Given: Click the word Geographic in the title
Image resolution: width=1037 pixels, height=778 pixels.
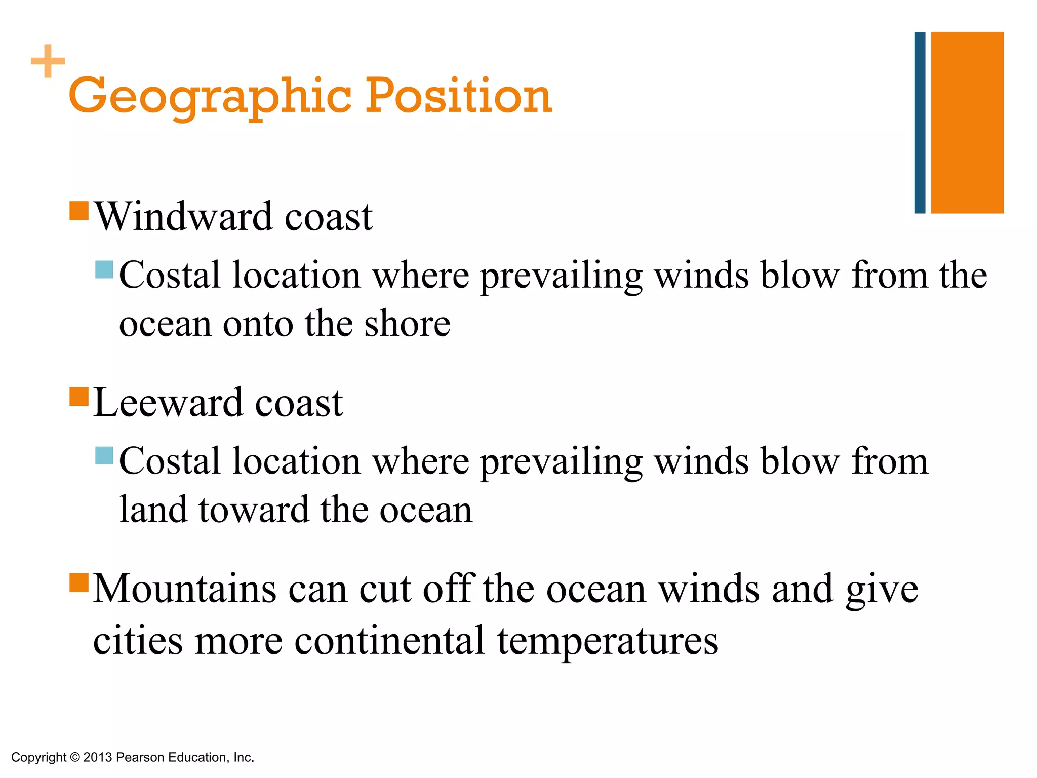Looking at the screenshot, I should click(210, 96).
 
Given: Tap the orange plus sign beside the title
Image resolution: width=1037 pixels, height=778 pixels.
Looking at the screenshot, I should click(48, 61).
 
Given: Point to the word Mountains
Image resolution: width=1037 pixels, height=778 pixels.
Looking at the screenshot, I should click(185, 589).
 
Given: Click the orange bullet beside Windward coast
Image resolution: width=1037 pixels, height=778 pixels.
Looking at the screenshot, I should click(79, 211).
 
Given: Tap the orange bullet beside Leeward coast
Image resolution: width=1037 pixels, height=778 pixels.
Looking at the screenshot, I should click(79, 397).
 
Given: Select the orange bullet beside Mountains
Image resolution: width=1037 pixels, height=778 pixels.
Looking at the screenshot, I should click(79, 582).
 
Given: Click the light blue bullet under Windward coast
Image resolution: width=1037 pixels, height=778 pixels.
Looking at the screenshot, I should click(104, 269).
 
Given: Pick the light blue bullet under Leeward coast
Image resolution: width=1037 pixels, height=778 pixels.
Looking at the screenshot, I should click(104, 455).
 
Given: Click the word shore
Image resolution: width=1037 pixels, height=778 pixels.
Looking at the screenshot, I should click(407, 324).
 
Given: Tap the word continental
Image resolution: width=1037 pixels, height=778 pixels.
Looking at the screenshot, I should click(389, 640).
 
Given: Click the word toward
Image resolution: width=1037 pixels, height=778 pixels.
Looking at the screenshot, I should click(253, 510).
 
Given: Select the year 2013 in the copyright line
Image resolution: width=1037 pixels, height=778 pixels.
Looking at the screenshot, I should click(97, 757).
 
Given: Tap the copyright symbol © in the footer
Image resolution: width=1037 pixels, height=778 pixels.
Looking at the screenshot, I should click(74, 757).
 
